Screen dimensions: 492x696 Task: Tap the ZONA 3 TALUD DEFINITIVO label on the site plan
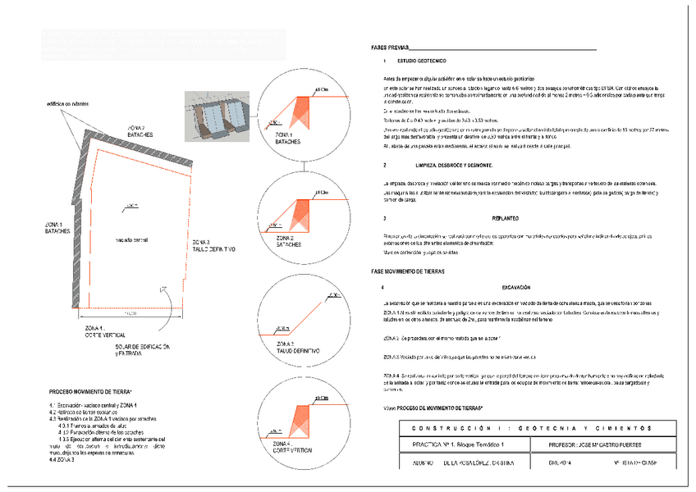pyautogui.click(x=213, y=245)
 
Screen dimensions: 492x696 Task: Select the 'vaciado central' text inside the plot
pyautogui.click(x=131, y=239)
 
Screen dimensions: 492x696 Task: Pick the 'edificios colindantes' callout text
pyautogui.click(x=66, y=104)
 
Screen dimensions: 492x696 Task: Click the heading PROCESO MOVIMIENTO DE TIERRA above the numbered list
pyautogui.click(x=96, y=392)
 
